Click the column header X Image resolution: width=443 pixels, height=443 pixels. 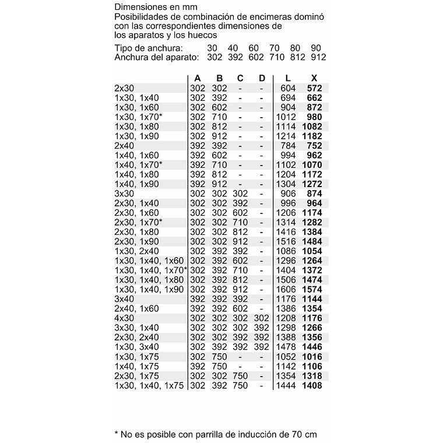point(314,78)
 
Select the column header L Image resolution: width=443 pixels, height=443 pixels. point(289,78)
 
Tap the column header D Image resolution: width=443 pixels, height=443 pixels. point(262,78)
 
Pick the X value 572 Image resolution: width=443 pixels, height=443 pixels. point(314,88)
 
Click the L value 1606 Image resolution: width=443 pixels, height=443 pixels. point(286,290)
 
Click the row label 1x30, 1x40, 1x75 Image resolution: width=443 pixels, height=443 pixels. point(149,385)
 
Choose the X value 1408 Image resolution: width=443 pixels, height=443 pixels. point(312,385)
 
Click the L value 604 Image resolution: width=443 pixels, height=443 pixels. point(289,88)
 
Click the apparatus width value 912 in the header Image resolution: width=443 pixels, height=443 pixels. point(318,57)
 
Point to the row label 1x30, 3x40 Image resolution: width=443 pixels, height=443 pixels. point(137,347)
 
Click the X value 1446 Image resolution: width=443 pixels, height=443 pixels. point(312,347)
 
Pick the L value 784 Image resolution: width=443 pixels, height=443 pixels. point(289,145)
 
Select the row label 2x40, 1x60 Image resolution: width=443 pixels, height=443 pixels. point(137,308)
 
